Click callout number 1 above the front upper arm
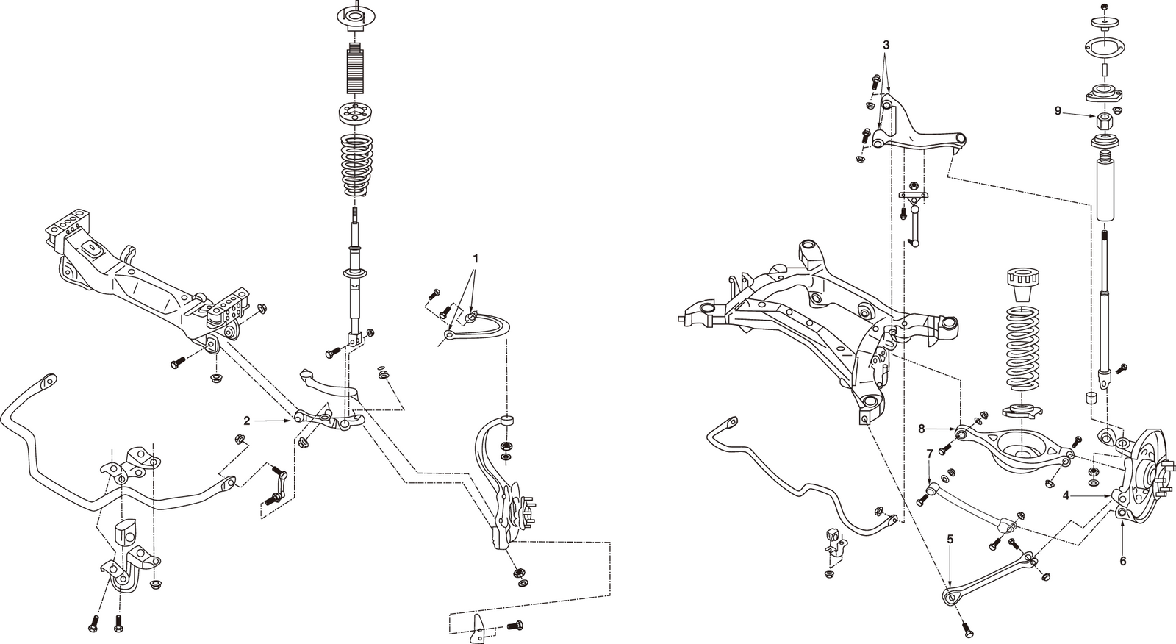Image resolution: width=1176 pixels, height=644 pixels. pos(476,259)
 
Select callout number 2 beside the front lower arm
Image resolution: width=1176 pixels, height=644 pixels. pos(247,421)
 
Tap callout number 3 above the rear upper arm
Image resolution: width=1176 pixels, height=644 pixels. pos(886,44)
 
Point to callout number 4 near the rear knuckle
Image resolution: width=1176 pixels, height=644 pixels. pos(1066,495)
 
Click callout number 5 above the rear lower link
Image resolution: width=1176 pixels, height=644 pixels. pos(950,539)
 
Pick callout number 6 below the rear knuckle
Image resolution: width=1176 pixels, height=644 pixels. pos(1122,561)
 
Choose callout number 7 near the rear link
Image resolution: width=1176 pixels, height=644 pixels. pos(930,454)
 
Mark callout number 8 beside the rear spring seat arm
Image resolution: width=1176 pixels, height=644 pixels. pos(922,428)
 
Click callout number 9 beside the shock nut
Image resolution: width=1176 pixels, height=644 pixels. pos(1058,111)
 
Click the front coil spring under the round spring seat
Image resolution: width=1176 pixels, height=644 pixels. pos(359,165)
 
